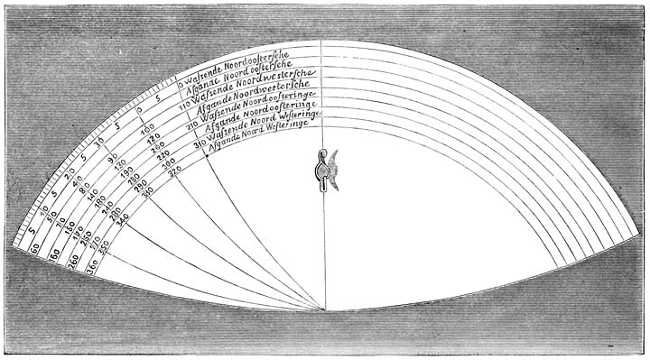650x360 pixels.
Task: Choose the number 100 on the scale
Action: (147, 141)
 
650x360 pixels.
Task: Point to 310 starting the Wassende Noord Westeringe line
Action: (199, 142)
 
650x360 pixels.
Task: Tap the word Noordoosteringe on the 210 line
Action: (276, 108)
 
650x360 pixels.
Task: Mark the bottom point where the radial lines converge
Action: (324, 310)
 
